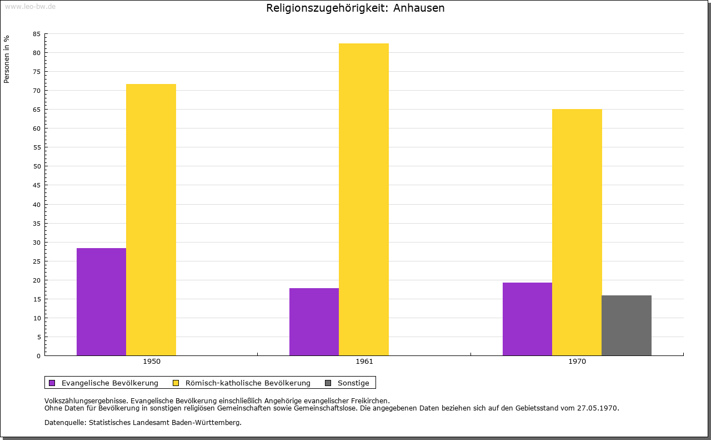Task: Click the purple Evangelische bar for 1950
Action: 101,301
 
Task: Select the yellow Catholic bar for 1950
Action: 151,220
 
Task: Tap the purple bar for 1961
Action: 314,322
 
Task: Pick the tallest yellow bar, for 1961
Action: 364,199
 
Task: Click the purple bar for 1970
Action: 527,319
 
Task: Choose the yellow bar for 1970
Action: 577,233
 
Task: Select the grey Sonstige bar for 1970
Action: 627,325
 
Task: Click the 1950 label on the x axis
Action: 152,362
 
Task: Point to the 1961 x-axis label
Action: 364,362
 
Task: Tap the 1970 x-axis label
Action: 577,362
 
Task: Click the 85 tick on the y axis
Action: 37,34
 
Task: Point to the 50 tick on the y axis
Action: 37,166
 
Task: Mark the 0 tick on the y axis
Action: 39,356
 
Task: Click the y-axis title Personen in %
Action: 7,59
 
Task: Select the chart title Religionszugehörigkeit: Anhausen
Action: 355,8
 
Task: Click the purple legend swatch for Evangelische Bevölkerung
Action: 52,383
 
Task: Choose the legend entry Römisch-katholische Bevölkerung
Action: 248,383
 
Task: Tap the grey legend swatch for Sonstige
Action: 328,383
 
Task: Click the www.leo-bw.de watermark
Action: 30,7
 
